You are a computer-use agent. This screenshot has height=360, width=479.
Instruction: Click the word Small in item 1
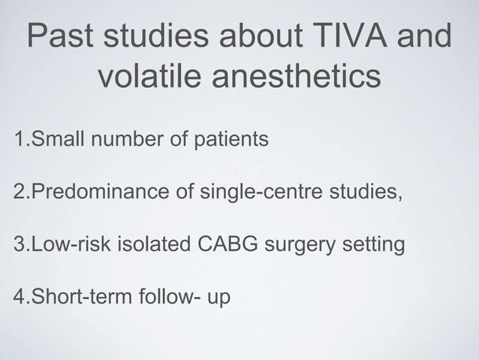tap(56, 139)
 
